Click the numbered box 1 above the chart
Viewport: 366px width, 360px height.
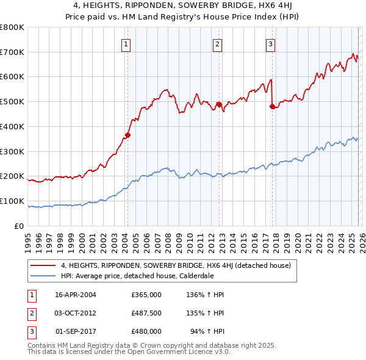tap(126, 43)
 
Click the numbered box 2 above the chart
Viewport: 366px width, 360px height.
tap(217, 43)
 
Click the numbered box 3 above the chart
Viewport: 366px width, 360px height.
tap(270, 43)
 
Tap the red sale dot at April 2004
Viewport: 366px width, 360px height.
tap(127, 135)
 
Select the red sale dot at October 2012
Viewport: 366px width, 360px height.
tap(219, 104)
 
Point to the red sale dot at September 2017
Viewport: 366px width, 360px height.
tap(272, 106)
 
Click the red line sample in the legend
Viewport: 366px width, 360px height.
tap(43, 265)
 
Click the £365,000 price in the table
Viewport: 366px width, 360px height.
tap(146, 295)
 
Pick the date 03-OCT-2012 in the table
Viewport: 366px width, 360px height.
tap(75, 313)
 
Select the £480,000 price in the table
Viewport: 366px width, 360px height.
tap(146, 331)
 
